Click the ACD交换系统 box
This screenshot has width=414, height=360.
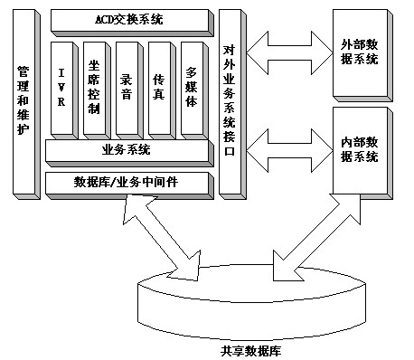(x=132, y=23)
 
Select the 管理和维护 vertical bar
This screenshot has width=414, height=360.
(x=26, y=104)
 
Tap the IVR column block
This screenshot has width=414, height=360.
(x=64, y=90)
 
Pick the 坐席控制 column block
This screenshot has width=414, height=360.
(x=97, y=90)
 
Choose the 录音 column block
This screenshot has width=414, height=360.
(x=129, y=90)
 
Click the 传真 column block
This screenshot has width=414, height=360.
(x=162, y=90)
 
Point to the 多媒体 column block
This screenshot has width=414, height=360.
(x=194, y=90)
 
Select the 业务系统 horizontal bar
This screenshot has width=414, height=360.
(x=129, y=153)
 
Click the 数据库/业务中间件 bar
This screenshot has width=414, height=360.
(x=129, y=185)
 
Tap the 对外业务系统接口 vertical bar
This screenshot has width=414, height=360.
(x=232, y=104)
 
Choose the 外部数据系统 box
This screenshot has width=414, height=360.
(x=362, y=55)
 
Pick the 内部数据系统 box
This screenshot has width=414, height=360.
(x=362, y=153)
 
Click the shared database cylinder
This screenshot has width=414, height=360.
(x=251, y=302)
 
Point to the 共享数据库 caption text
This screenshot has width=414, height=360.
(x=250, y=351)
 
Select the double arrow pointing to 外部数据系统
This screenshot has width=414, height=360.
(x=289, y=53)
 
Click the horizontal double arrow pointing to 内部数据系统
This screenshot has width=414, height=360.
(x=289, y=151)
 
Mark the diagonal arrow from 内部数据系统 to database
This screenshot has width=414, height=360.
(x=316, y=237)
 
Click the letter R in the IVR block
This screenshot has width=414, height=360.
(x=61, y=101)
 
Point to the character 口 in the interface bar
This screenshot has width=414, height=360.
(x=229, y=150)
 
